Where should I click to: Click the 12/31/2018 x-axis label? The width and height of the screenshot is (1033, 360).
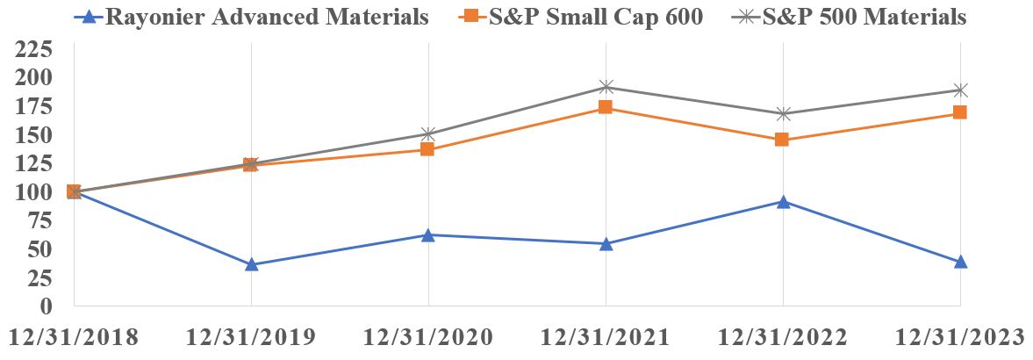(74, 338)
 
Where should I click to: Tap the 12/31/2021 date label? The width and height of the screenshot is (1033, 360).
(605, 338)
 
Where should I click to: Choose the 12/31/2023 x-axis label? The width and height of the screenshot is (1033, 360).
(959, 338)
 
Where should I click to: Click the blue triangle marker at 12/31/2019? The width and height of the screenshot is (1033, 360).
(252, 264)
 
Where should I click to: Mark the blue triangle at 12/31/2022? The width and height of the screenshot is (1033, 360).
(783, 202)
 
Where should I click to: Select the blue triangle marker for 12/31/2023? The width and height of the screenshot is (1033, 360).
(960, 262)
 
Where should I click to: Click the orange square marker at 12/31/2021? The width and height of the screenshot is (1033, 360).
(606, 108)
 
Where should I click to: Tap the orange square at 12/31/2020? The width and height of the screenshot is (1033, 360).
(427, 149)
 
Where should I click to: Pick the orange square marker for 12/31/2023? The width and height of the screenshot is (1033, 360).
(960, 112)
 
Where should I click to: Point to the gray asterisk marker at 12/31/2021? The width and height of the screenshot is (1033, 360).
(606, 87)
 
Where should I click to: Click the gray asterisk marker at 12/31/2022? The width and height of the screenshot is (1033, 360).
(783, 114)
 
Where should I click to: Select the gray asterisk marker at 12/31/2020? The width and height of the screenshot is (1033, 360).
(427, 134)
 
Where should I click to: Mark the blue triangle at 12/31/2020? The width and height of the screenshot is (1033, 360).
(427, 235)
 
